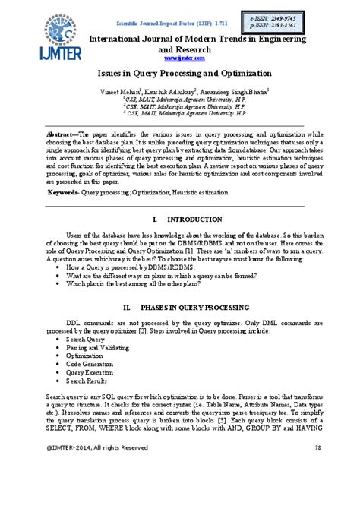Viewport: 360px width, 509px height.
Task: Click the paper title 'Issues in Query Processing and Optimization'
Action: (180, 74)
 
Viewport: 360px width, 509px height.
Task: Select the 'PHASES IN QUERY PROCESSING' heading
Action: (189, 308)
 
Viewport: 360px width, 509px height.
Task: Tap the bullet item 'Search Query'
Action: (86, 339)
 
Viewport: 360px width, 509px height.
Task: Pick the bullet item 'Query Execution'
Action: (91, 372)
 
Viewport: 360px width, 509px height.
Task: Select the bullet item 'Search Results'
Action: (89, 381)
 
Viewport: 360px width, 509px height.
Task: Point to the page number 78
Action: (317, 490)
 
